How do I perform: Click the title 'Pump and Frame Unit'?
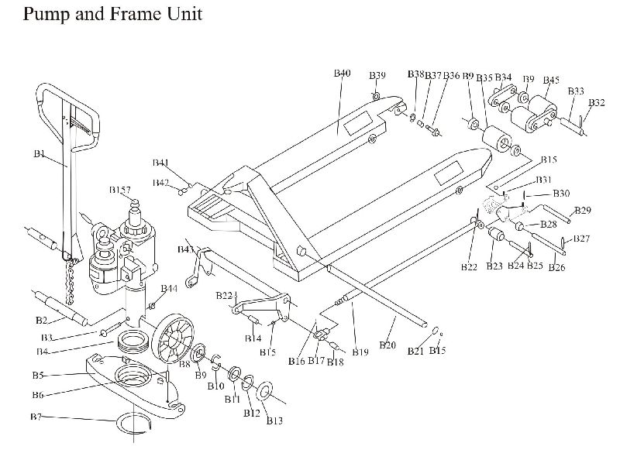[x=112, y=15]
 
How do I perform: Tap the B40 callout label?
[x=342, y=74]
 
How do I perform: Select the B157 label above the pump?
[x=120, y=190]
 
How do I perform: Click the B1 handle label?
[x=40, y=154]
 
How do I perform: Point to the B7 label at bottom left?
[x=36, y=417]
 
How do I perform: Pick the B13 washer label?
[x=274, y=421]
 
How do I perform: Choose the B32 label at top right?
[x=597, y=102]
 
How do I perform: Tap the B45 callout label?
[x=551, y=80]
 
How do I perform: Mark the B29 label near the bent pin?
[x=583, y=210]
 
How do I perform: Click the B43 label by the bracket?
[x=186, y=249]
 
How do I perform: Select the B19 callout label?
[x=360, y=352]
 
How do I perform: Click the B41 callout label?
[x=160, y=163]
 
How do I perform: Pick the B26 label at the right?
[x=556, y=268]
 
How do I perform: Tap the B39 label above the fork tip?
[x=377, y=75]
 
